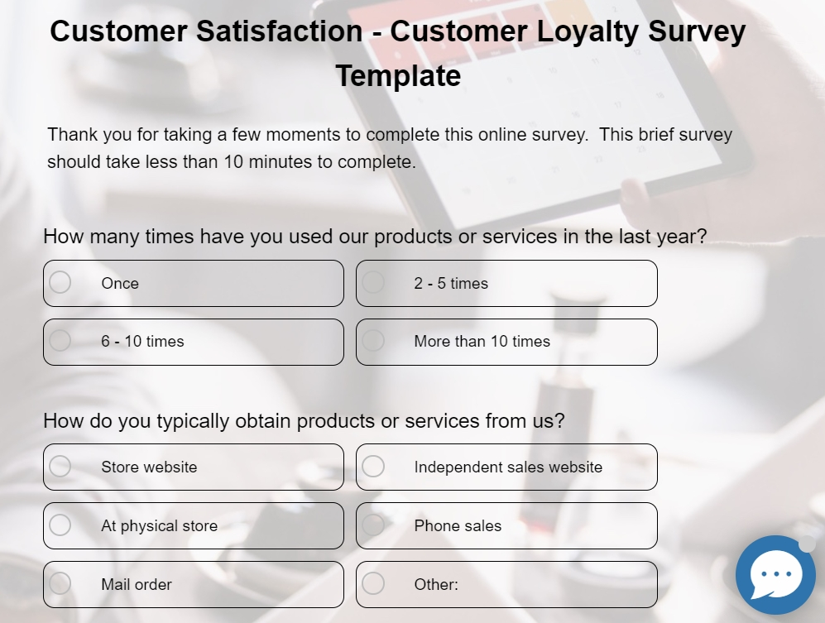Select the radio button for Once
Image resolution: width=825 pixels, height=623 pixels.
coord(60,282)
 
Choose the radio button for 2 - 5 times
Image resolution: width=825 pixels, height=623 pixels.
coord(373,282)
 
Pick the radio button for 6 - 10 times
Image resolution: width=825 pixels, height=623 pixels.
coord(60,340)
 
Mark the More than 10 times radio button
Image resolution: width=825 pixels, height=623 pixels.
coord(373,340)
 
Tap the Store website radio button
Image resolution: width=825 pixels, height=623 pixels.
coord(60,466)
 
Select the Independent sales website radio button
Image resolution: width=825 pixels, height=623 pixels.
coord(373,466)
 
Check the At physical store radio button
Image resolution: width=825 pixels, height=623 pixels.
coord(60,525)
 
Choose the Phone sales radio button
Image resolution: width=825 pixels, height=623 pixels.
coord(373,525)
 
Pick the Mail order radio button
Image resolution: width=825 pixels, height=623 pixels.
coord(60,583)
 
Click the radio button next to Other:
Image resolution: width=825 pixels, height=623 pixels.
coord(373,583)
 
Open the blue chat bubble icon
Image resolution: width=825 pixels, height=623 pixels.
coord(775,575)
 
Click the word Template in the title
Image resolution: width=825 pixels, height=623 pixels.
coord(398,75)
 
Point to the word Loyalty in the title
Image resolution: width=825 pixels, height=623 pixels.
coord(588,31)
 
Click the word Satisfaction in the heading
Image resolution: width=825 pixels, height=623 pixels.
coord(279,31)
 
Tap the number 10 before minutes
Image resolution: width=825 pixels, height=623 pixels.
coord(233,161)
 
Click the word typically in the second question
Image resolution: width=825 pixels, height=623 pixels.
coord(193,421)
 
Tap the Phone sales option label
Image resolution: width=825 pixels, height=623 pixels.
coord(458,525)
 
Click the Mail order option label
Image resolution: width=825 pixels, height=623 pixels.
coord(137,585)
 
